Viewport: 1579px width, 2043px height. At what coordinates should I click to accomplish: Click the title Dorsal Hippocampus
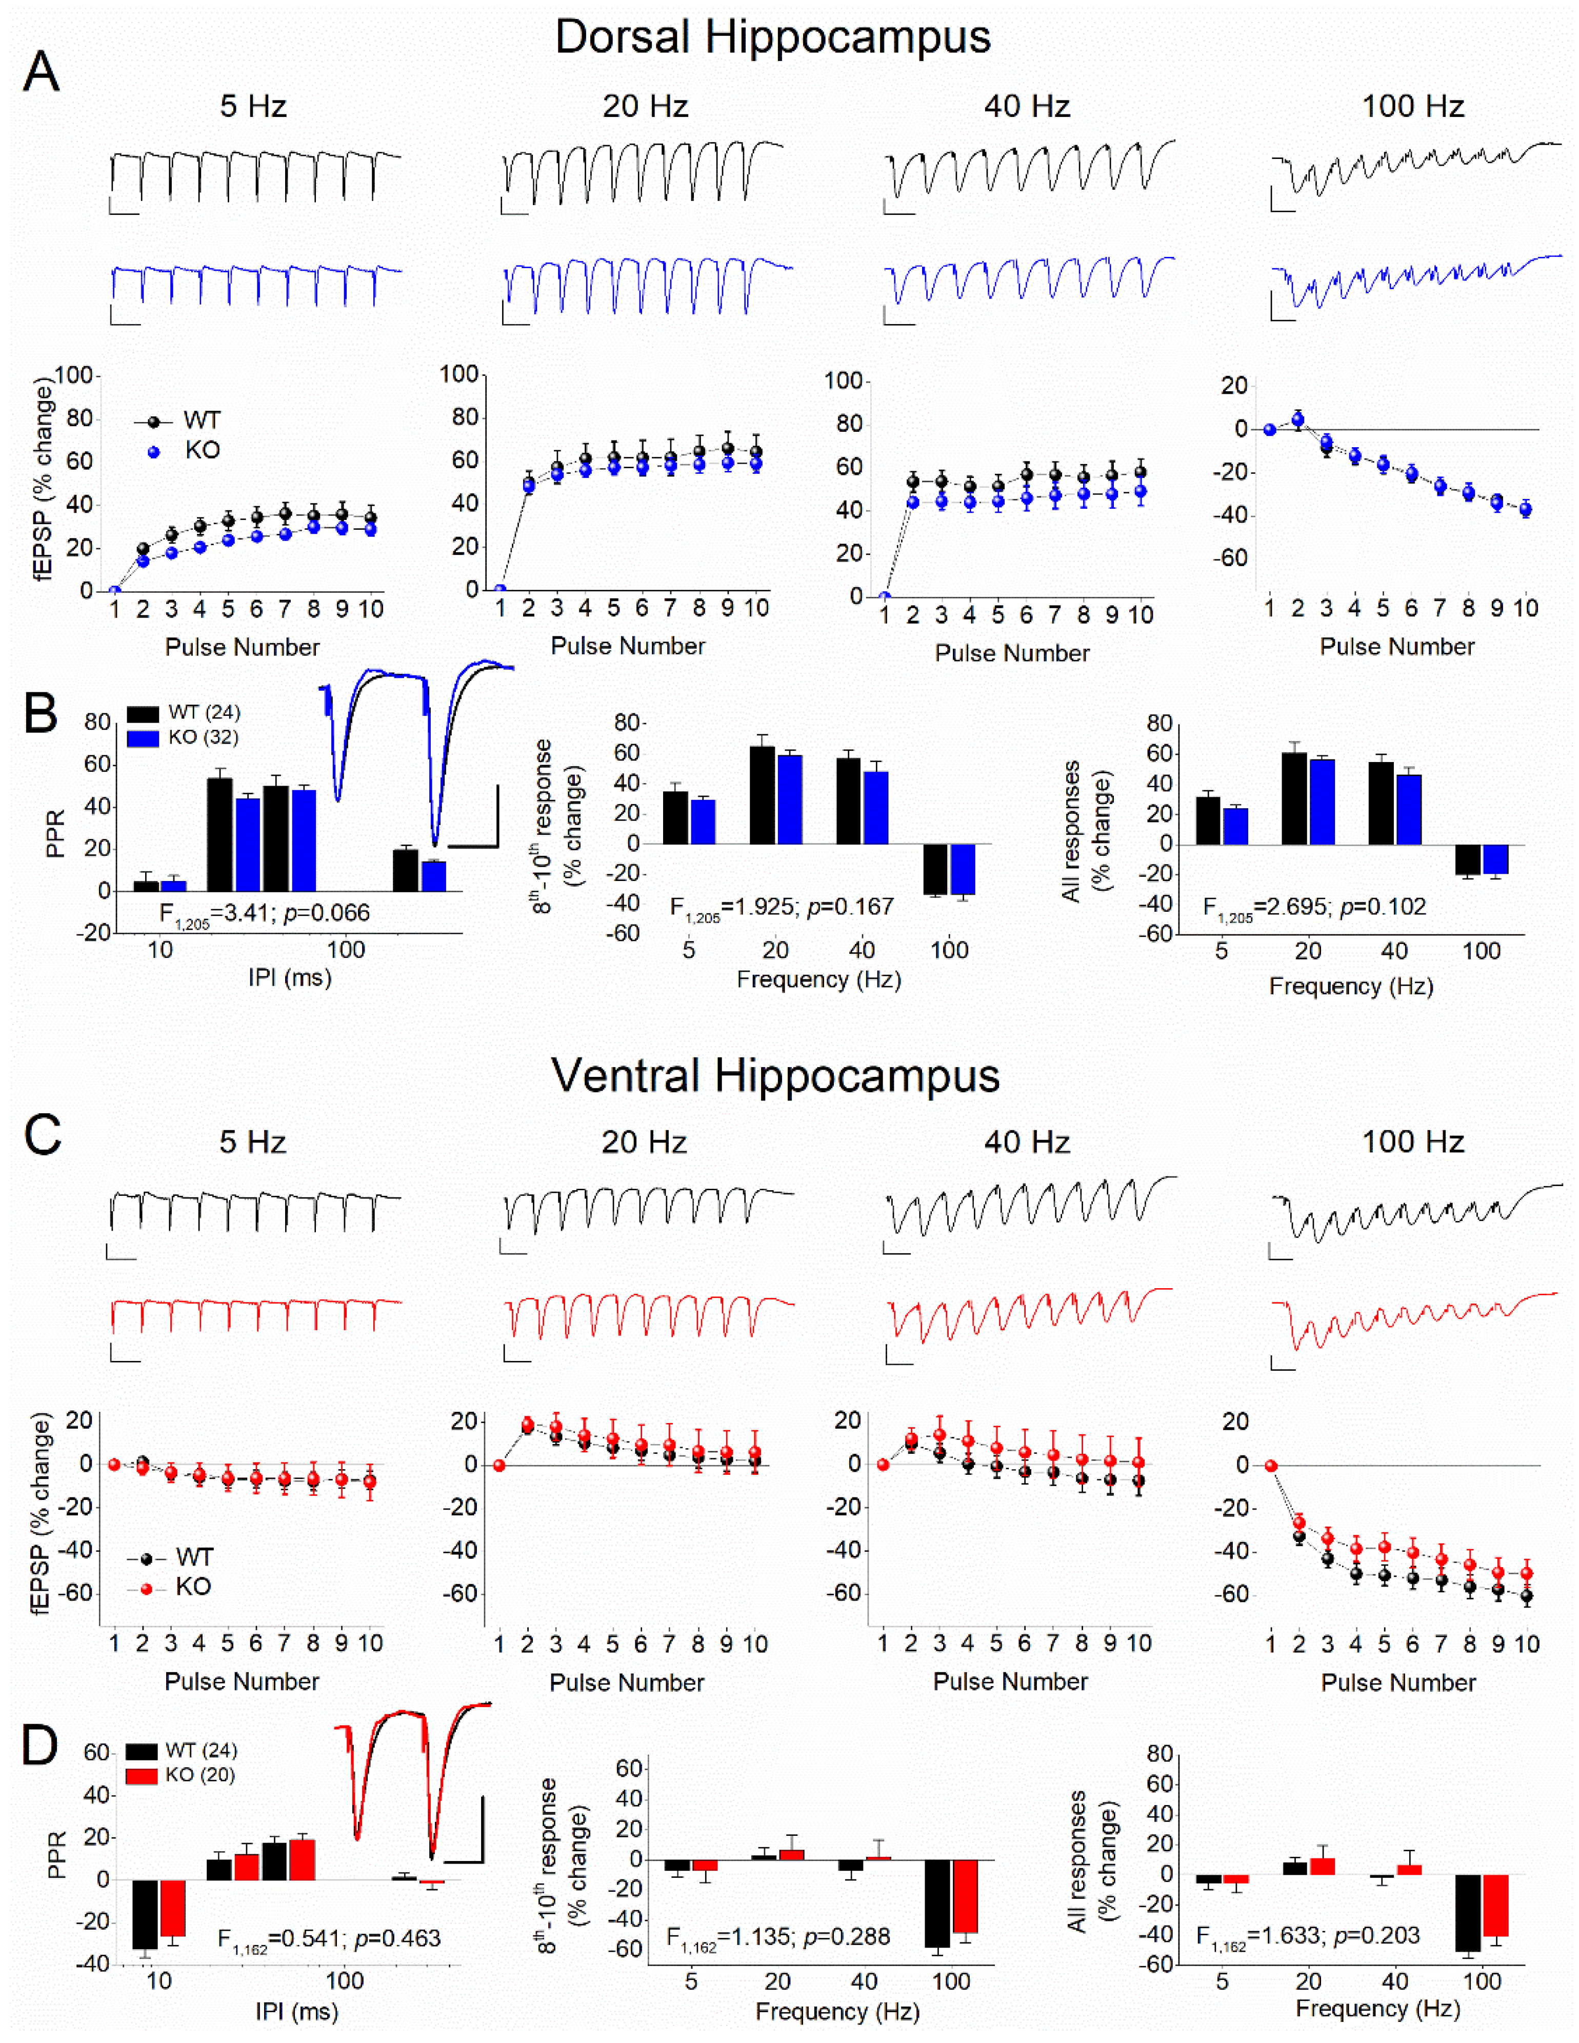click(773, 37)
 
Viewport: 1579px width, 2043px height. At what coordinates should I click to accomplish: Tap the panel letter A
click(41, 72)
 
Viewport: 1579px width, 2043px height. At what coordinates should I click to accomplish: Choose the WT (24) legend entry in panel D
click(200, 1750)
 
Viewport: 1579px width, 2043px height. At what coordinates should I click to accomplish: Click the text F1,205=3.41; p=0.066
click(265, 913)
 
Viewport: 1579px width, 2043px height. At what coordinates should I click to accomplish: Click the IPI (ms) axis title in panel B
click(289, 977)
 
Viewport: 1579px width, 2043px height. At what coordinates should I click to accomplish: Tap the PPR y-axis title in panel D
click(56, 1854)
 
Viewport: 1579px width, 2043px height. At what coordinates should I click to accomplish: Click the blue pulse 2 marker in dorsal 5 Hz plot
click(143, 562)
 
